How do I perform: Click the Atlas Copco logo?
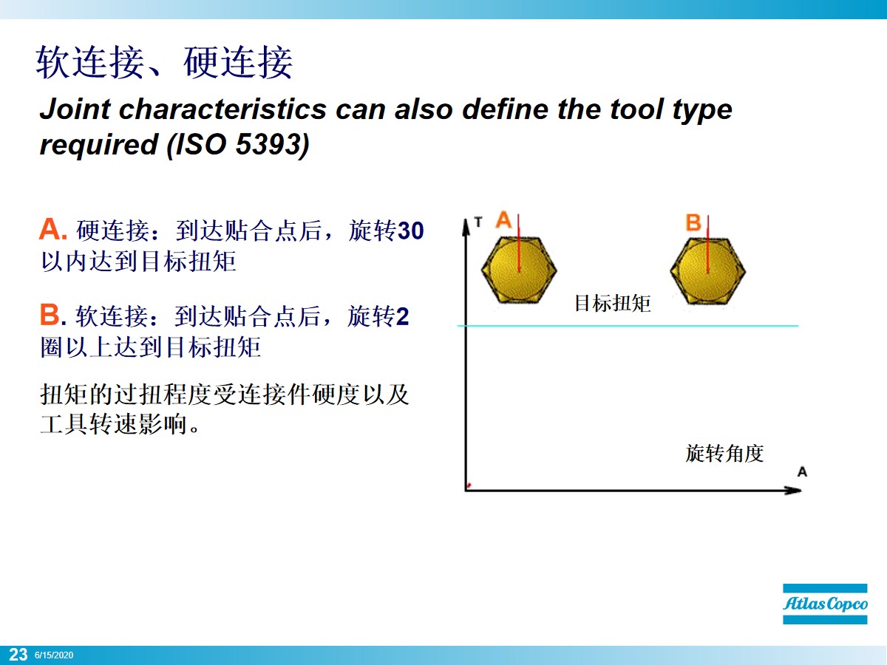825,604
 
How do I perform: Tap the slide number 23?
18,655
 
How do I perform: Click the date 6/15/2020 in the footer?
54,655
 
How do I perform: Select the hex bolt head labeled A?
518,270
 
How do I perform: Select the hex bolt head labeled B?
707,270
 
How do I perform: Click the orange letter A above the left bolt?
504,220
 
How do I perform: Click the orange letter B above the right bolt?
693,222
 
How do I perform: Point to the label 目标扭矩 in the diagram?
612,303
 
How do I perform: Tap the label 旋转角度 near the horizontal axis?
724,453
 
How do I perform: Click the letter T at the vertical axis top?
478,221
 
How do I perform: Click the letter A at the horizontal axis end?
802,471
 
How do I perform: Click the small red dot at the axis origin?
469,486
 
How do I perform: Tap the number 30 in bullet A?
410,231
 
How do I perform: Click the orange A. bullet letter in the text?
53,231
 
